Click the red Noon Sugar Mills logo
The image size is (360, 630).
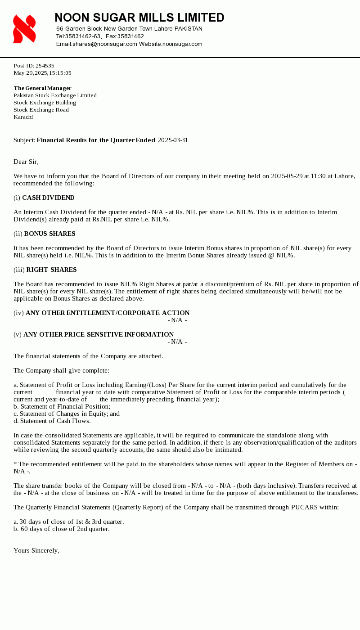(x=24, y=29)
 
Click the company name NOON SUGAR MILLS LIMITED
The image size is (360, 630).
(x=139, y=18)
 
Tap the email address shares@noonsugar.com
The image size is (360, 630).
(x=105, y=44)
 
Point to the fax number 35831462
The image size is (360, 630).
(x=130, y=36)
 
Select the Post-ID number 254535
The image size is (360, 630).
(x=45, y=66)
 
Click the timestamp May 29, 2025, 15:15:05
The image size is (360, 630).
(x=42, y=73)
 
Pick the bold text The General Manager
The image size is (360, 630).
(x=42, y=88)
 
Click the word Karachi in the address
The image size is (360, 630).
(x=23, y=117)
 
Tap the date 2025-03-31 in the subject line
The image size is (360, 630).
(x=173, y=140)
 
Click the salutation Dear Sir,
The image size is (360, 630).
(x=26, y=162)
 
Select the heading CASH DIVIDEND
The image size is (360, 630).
(x=48, y=198)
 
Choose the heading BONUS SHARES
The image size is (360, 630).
(x=49, y=234)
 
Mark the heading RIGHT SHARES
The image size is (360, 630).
(x=51, y=270)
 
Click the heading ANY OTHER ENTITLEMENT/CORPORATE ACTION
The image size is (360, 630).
(x=108, y=313)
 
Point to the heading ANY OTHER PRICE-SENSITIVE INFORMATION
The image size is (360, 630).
(x=99, y=334)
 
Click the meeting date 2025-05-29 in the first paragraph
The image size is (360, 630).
(x=287, y=176)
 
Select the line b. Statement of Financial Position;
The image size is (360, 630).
(x=62, y=406)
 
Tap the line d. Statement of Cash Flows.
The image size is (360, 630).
(x=52, y=421)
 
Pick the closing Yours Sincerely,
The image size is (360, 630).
(x=36, y=550)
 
